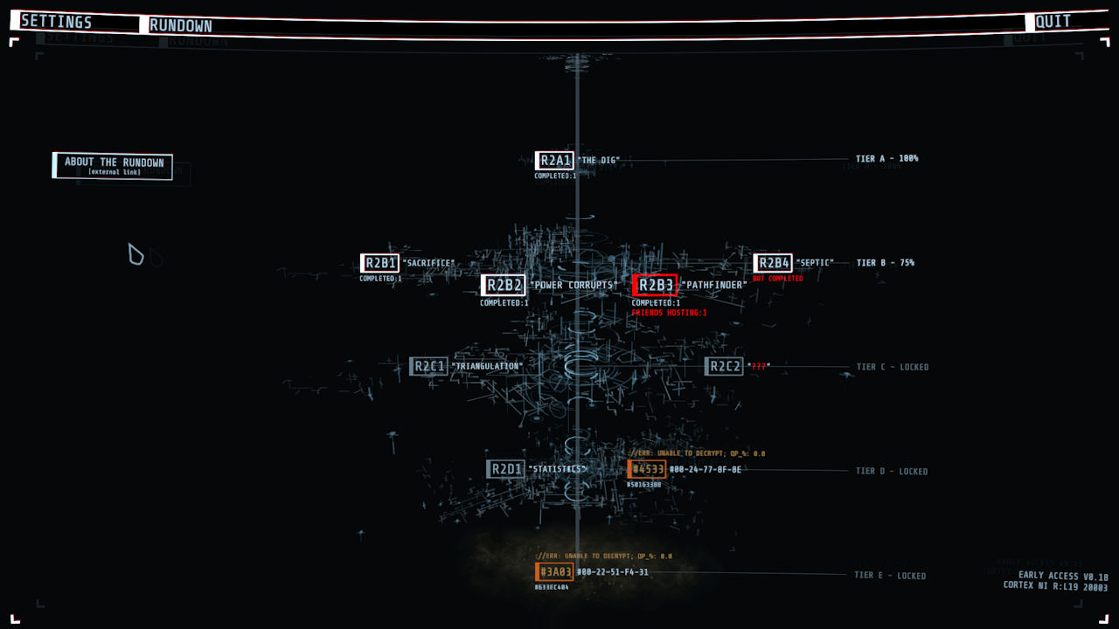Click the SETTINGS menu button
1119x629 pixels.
(57, 22)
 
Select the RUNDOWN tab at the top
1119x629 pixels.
(181, 25)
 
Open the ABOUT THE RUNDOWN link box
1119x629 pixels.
(114, 166)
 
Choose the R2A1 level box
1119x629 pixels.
(554, 161)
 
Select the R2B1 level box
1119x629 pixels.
(379, 263)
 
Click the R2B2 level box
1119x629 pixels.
(503, 285)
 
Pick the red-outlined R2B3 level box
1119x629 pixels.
(655, 285)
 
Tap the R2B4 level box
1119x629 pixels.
(773, 263)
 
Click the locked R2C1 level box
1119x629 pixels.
(428, 366)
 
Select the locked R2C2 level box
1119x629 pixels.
(724, 366)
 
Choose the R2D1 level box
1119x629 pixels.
(505, 469)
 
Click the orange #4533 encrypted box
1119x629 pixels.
(647, 469)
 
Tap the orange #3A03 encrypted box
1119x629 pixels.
(554, 572)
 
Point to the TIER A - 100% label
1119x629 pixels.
(886, 159)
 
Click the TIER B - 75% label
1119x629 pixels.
(885, 263)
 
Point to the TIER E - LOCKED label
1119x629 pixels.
(889, 576)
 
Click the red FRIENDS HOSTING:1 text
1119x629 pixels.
(669, 313)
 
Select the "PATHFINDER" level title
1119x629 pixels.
(714, 285)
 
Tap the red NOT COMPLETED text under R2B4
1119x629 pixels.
(777, 279)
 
